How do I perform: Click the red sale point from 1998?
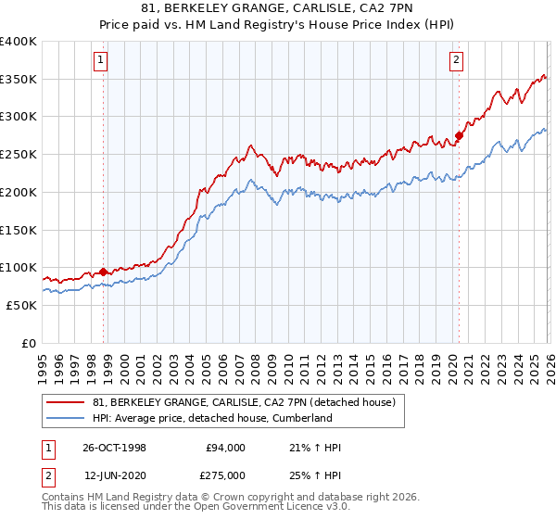[x=104, y=272]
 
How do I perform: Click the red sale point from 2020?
[x=459, y=135]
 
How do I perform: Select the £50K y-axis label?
[x=21, y=305]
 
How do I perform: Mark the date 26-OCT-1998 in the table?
[x=114, y=448]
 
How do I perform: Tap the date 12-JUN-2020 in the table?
[x=114, y=475]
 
